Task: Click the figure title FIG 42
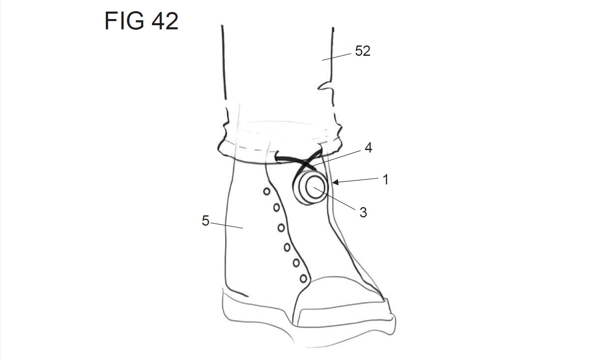pyautogui.click(x=141, y=21)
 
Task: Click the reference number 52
pyautogui.click(x=363, y=51)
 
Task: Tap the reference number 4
pyautogui.click(x=369, y=148)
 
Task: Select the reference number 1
pyautogui.click(x=385, y=179)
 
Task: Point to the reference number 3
pyautogui.click(x=363, y=212)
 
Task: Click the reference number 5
pyautogui.click(x=205, y=221)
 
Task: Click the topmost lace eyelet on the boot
pyautogui.click(x=267, y=191)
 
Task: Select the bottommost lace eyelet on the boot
pyautogui.click(x=304, y=279)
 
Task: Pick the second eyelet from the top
pyautogui.click(x=276, y=208)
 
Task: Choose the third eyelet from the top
pyautogui.click(x=281, y=227)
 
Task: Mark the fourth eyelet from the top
pyautogui.click(x=287, y=247)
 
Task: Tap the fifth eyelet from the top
pyautogui.click(x=296, y=262)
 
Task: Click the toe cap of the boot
pyautogui.click(x=339, y=293)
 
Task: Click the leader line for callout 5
pyautogui.click(x=227, y=225)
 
